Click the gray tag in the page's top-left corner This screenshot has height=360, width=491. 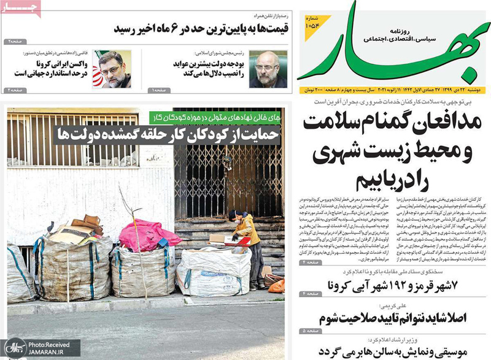coord(21,7)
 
